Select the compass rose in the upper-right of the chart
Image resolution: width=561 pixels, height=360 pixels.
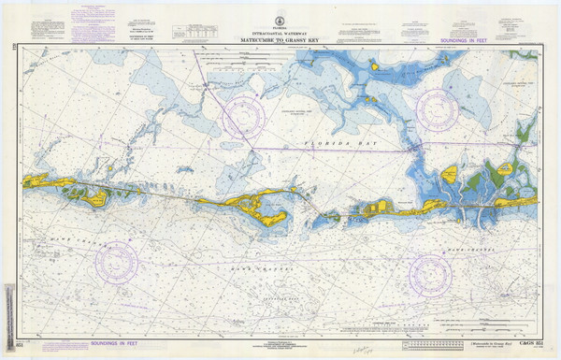(x=437, y=109)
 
